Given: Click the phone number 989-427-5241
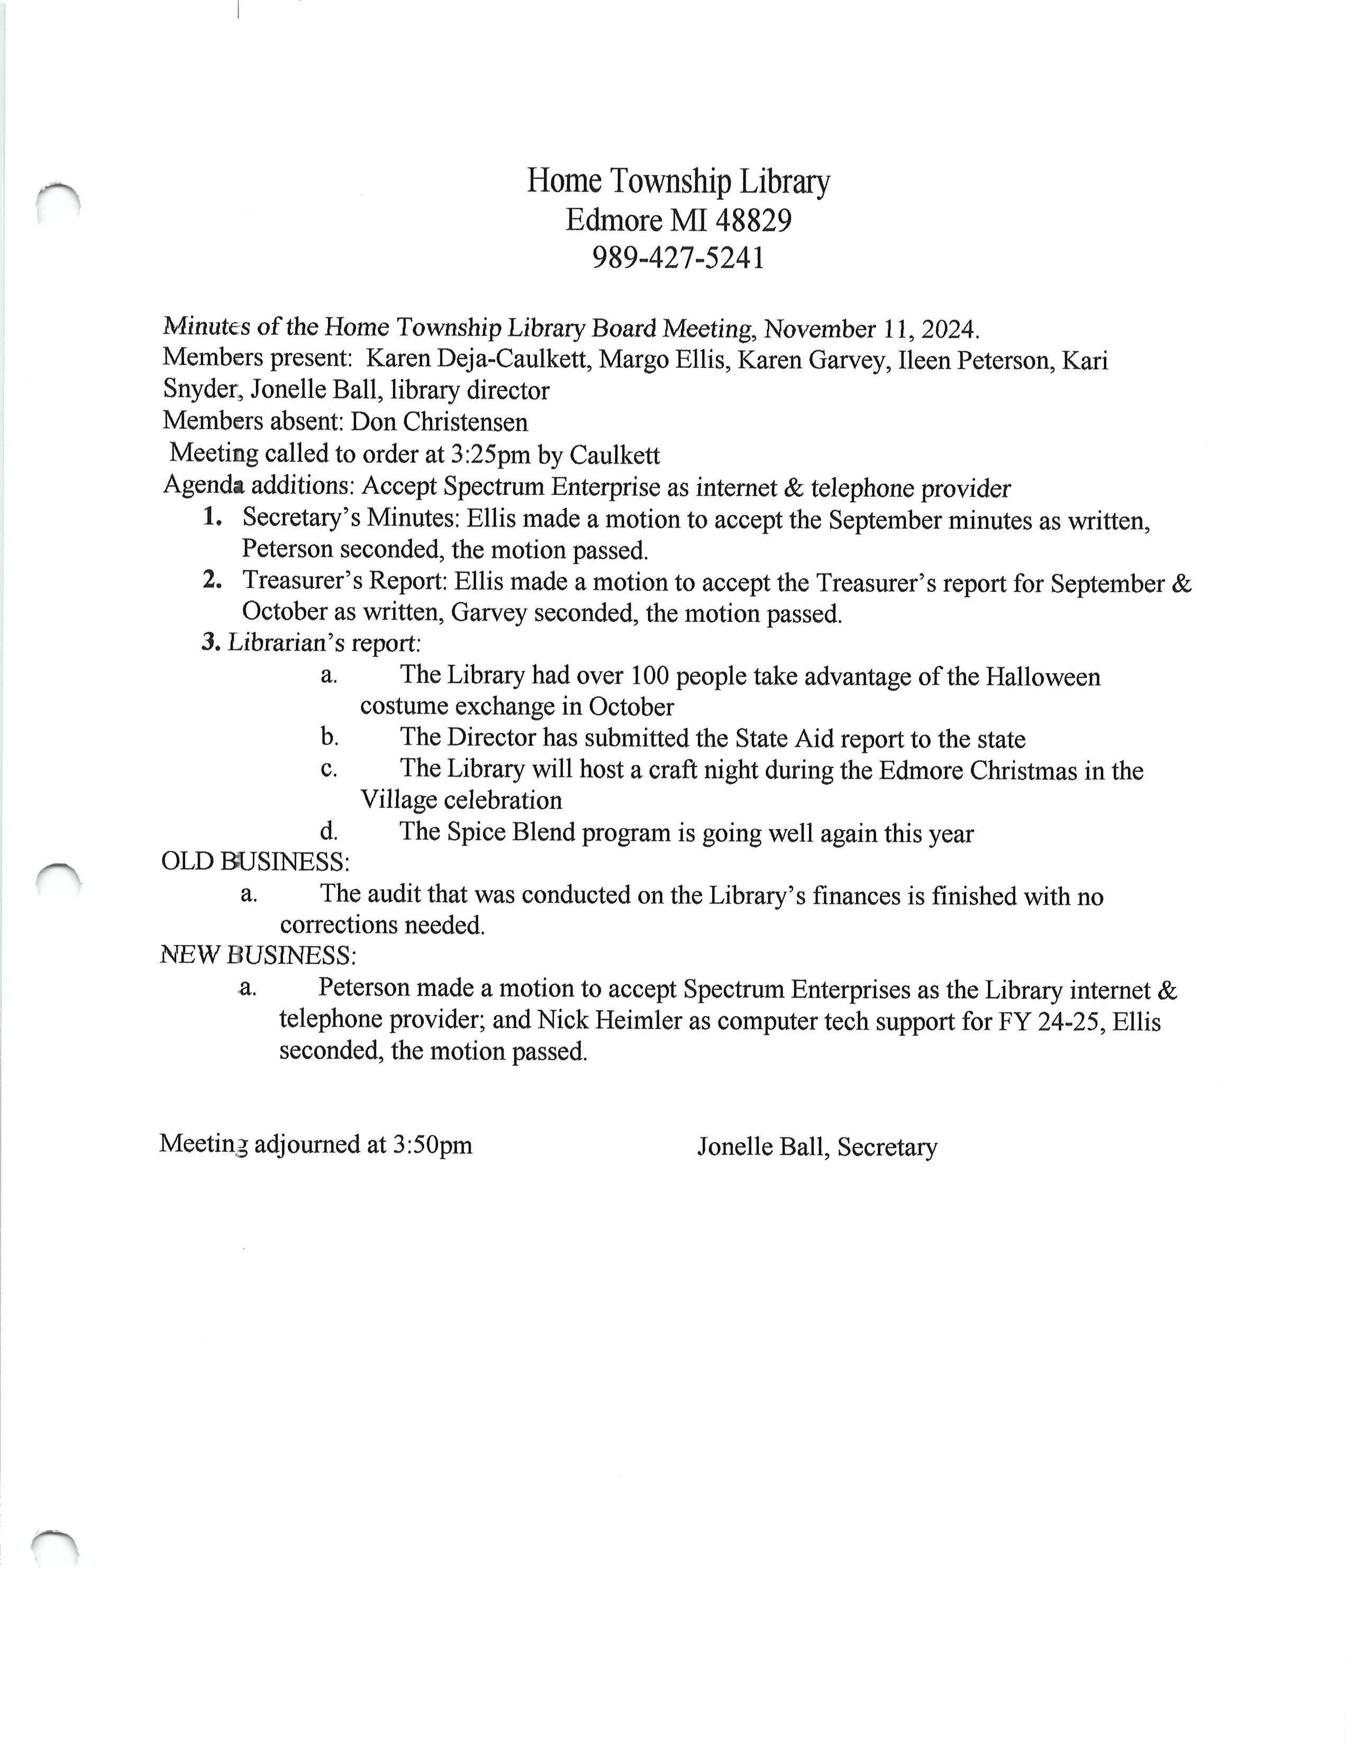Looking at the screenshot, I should [678, 258].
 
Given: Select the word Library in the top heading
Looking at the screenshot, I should [784, 181].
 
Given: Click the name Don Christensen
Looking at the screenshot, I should [439, 422].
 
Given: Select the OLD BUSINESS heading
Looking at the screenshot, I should [254, 861].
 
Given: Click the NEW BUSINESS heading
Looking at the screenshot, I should [258, 955].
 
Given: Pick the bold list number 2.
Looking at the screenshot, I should [212, 580].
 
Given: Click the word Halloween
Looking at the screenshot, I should [1043, 677].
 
